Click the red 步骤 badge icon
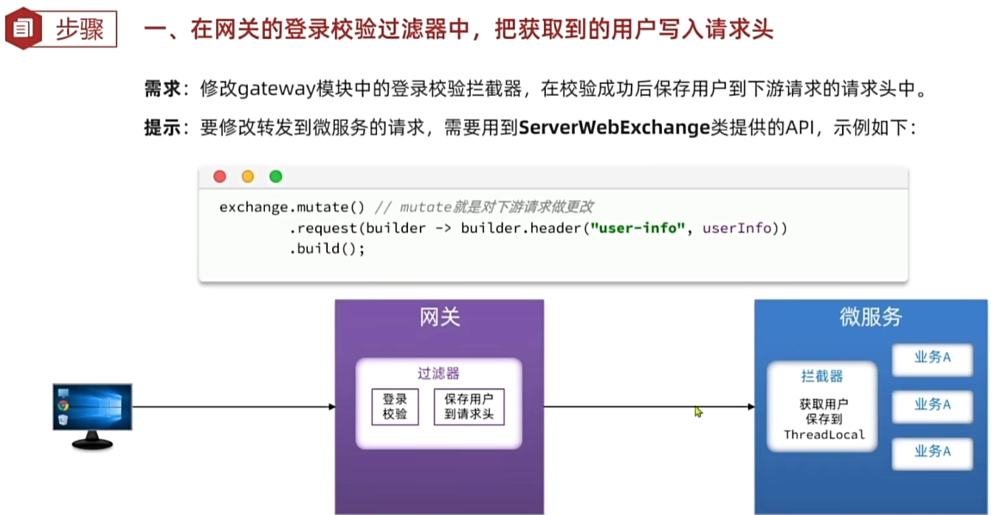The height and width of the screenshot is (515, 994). [x=23, y=30]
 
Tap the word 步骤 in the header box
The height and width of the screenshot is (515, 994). [x=80, y=30]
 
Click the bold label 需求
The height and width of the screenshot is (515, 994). [x=162, y=90]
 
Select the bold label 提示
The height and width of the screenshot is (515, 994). [x=162, y=128]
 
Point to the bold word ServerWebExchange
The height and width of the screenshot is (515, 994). [x=614, y=128]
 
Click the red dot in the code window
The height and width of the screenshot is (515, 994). [x=220, y=176]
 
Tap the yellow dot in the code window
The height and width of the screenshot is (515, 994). [x=248, y=176]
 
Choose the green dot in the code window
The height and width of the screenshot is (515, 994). [x=276, y=176]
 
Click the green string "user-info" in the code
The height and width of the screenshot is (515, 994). [x=638, y=228]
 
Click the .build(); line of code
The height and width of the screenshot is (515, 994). [x=328, y=249]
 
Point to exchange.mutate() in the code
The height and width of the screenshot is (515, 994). [x=292, y=207]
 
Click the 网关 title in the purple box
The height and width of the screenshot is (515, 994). [x=440, y=317]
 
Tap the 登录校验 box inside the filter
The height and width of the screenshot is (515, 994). [x=395, y=407]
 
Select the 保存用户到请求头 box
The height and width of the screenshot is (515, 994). [x=469, y=407]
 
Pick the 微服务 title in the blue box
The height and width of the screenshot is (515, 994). [x=871, y=317]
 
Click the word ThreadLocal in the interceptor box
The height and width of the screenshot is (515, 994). [x=824, y=435]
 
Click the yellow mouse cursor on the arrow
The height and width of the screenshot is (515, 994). [x=698, y=412]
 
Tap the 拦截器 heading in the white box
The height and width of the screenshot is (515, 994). [x=822, y=376]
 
